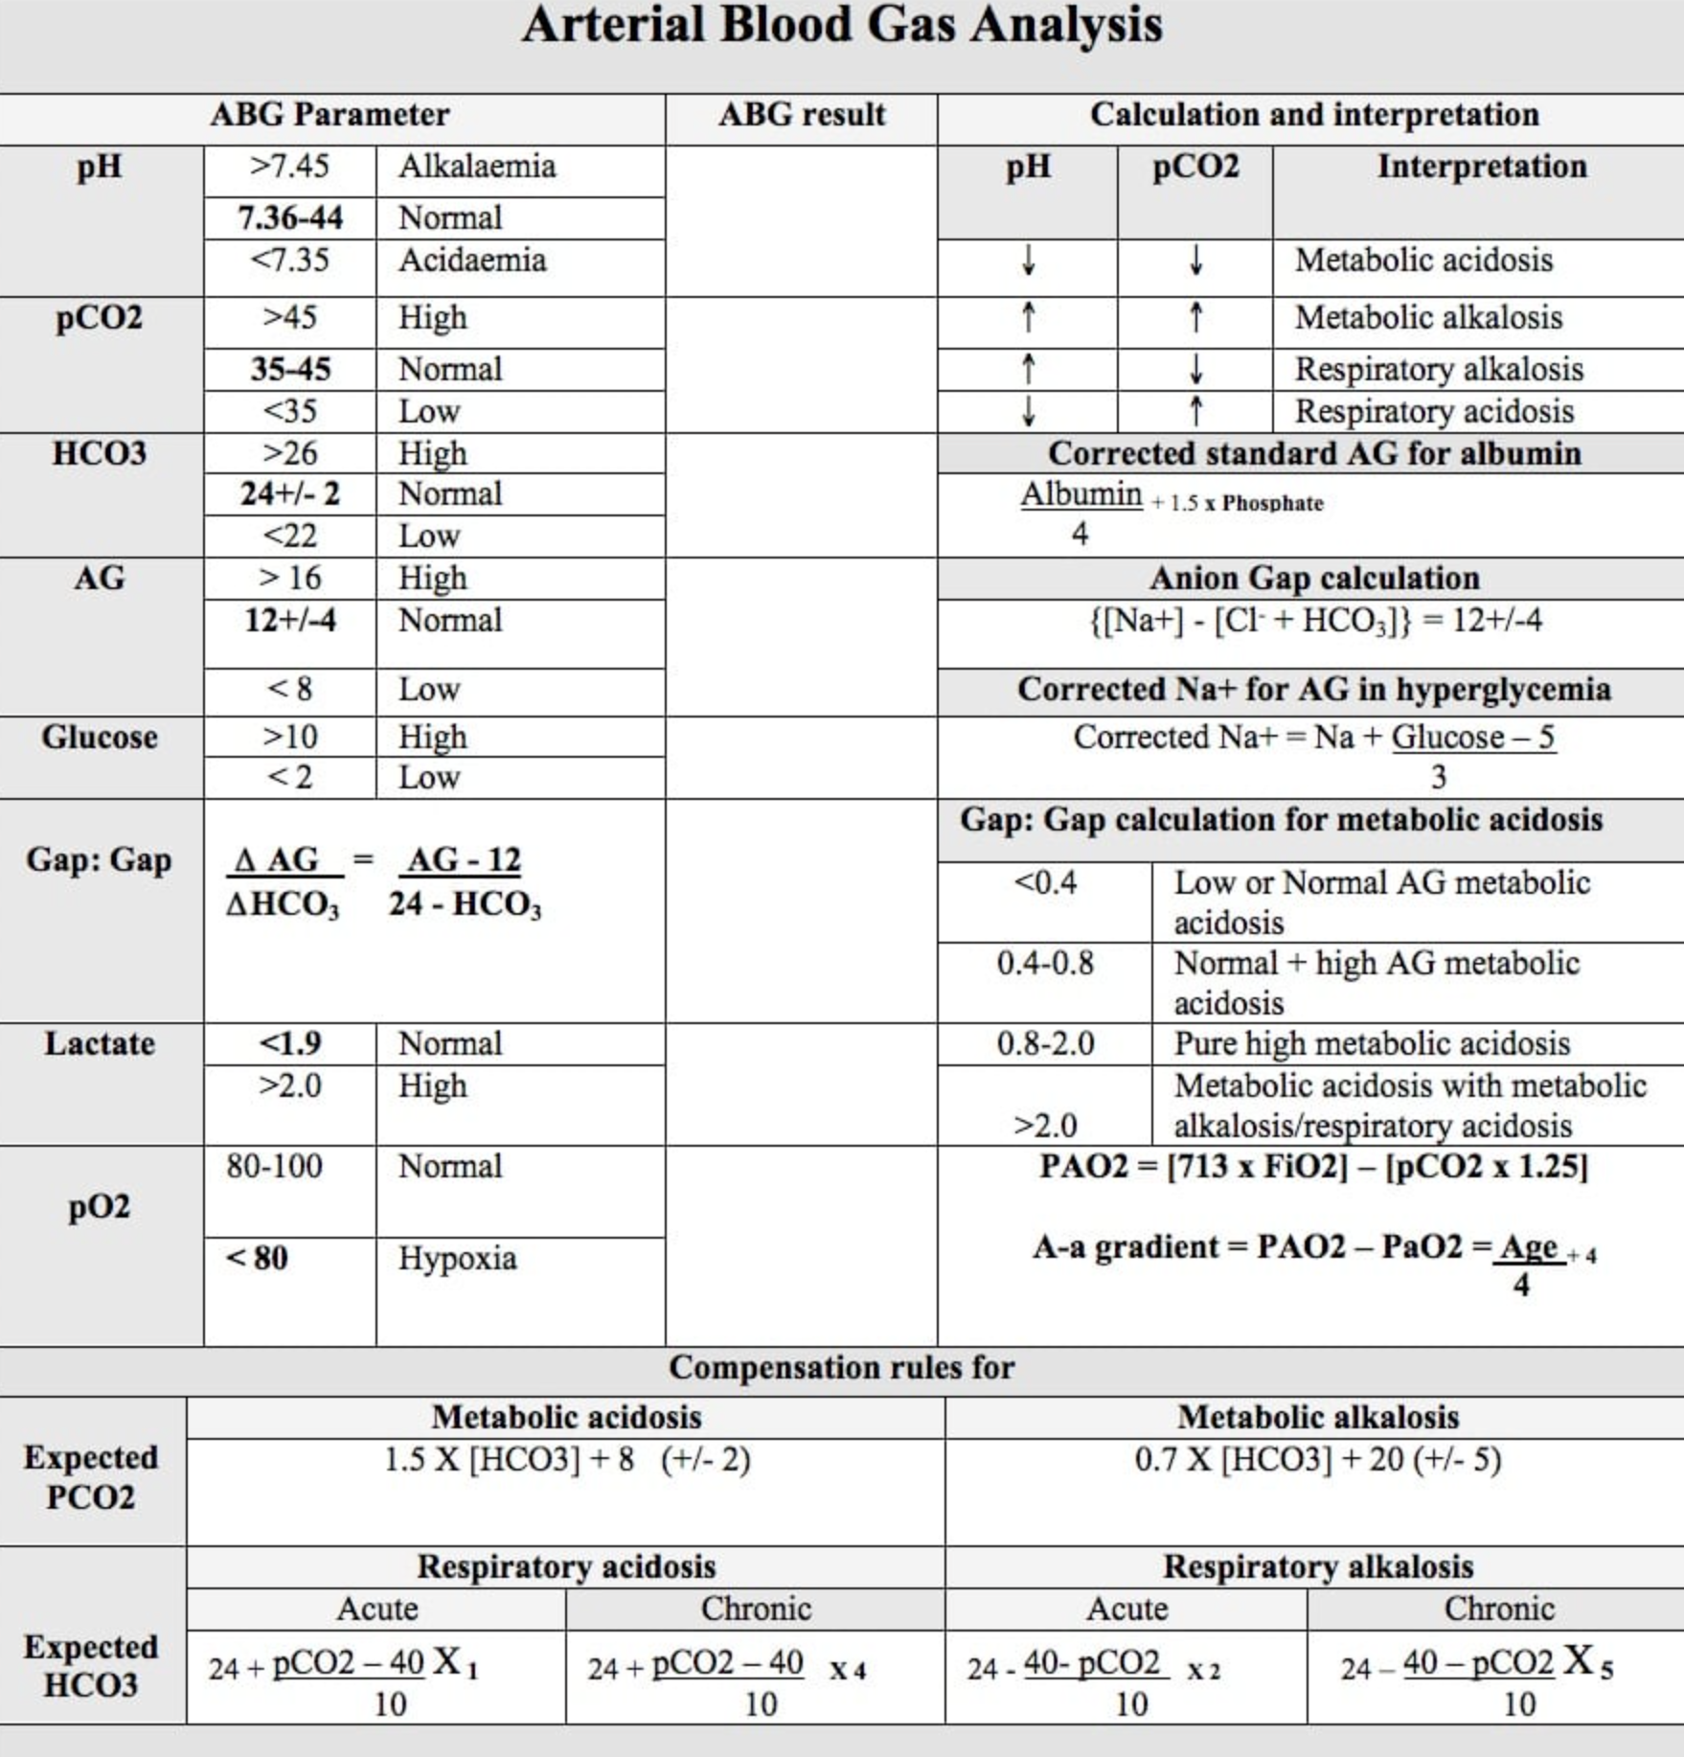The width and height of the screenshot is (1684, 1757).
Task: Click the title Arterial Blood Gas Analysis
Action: [x=841, y=25]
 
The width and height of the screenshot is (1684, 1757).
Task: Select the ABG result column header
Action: [x=801, y=115]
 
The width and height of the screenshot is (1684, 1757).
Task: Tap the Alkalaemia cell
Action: [x=477, y=167]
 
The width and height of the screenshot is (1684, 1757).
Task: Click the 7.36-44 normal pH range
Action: [x=290, y=218]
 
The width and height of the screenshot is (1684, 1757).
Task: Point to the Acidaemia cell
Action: [x=472, y=261]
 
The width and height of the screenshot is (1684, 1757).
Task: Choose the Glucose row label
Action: [x=100, y=738]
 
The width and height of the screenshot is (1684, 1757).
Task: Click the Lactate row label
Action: [x=100, y=1043]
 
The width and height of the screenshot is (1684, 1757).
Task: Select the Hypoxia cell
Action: [x=457, y=1258]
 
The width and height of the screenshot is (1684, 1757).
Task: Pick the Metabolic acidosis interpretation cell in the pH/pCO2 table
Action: [x=1423, y=261]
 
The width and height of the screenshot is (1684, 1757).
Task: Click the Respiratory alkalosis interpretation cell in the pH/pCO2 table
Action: [x=1439, y=370]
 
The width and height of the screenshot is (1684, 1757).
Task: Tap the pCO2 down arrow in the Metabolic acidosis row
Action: [x=1195, y=261]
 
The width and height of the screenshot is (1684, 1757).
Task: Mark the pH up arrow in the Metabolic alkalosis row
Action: [x=1028, y=318]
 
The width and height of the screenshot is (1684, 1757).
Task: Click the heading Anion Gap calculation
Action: [x=1314, y=579]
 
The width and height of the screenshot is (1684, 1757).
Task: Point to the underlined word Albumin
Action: [x=1081, y=494]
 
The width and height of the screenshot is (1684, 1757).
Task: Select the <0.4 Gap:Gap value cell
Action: [x=1045, y=881]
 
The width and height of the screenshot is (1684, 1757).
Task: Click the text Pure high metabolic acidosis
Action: [x=1372, y=1043]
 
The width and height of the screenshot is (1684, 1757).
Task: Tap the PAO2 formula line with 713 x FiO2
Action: [x=1313, y=1167]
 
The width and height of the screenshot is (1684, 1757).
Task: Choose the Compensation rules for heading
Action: [x=841, y=1368]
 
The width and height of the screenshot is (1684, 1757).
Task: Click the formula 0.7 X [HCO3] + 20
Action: [x=1317, y=1460]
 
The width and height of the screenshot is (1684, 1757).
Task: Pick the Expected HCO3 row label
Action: [x=91, y=1666]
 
